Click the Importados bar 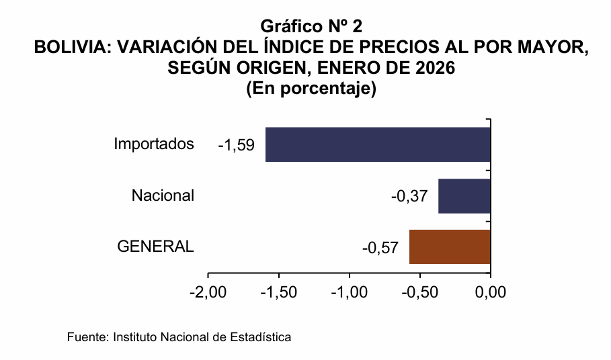pyautogui.click(x=378, y=144)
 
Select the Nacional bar pyautogui.click(x=464, y=195)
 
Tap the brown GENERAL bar pyautogui.click(x=450, y=246)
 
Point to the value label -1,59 pyautogui.click(x=236, y=145)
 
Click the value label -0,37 pyautogui.click(x=409, y=196)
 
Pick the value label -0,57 pyautogui.click(x=380, y=247)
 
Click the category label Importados pyautogui.click(x=154, y=144)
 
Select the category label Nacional pyautogui.click(x=163, y=195)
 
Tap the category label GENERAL pyautogui.click(x=155, y=246)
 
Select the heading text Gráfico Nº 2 pyautogui.click(x=311, y=27)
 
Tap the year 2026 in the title pyautogui.click(x=435, y=69)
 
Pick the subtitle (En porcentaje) pyautogui.click(x=311, y=89)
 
